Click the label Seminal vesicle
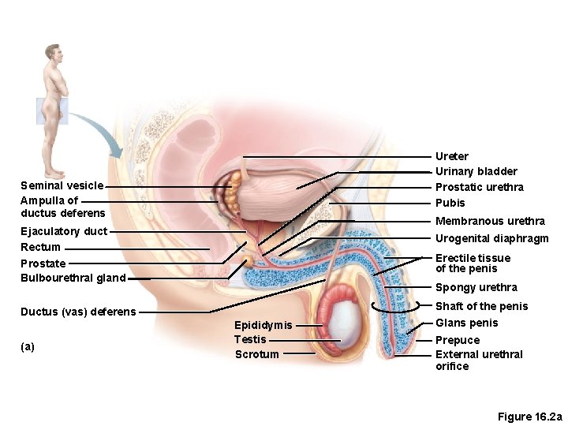pos(62,185)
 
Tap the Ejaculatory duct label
pos(63,231)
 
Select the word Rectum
pos(40,247)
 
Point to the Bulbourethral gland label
pos(73,278)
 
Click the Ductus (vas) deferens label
pos(78,312)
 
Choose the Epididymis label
pos(263,325)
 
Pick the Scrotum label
pos(256,354)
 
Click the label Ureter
pos(452,156)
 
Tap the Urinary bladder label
pos(476,171)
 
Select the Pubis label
pos(450,203)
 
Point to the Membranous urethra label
pos(490,221)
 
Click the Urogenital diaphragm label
pos(491,238)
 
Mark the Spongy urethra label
pos(476,287)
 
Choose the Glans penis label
pos(467,323)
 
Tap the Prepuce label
pos(458,341)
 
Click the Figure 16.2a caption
pos(529,416)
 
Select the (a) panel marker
pos(28,346)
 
